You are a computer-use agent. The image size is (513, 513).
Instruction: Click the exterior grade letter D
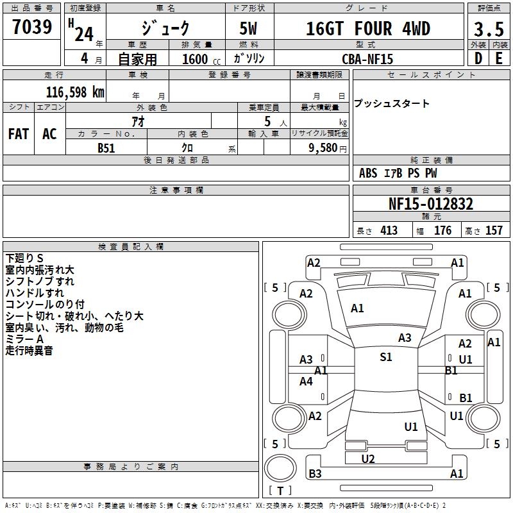tap(478, 58)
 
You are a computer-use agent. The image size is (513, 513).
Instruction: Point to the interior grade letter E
tap(499, 58)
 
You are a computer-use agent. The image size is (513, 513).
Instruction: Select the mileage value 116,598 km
tap(75, 92)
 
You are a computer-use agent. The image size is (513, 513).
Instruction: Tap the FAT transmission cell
tap(19, 133)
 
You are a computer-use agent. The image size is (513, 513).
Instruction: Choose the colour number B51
tap(106, 148)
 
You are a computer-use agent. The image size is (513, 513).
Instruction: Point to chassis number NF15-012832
tap(431, 205)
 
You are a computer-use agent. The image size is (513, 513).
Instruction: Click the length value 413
tap(389, 231)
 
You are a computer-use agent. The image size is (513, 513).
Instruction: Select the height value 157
tap(494, 231)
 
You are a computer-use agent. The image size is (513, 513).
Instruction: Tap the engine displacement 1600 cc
tap(195, 59)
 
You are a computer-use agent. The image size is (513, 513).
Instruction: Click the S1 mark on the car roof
tap(385, 357)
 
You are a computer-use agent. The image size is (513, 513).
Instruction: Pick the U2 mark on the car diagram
tap(368, 458)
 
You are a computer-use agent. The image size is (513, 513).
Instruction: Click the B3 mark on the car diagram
tap(315, 474)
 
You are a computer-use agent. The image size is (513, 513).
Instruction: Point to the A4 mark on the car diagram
tap(307, 382)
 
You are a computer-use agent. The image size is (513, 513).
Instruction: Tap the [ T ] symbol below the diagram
tap(280, 491)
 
